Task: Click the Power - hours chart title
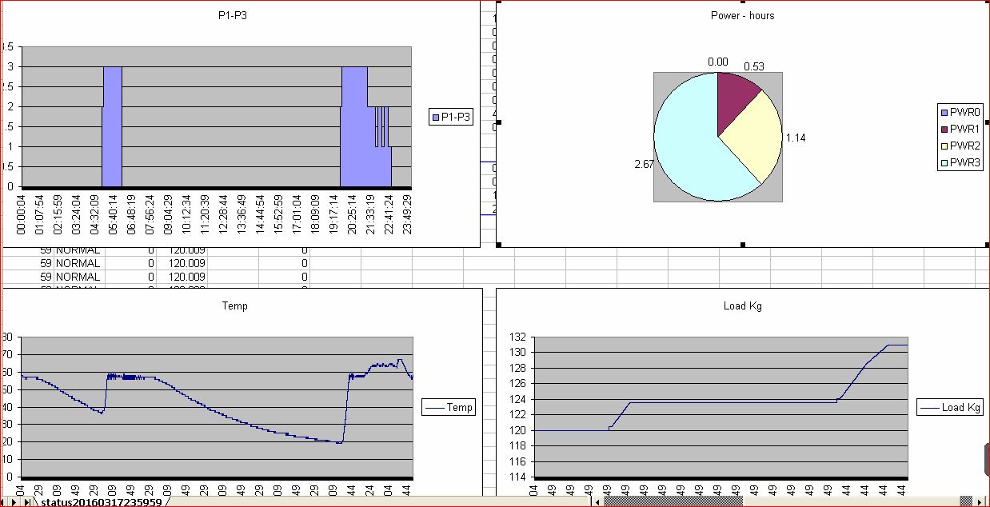pos(742,15)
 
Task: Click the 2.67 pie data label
pos(644,165)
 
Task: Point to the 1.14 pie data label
pos(796,138)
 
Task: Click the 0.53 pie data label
pos(753,66)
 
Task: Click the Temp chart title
pos(234,305)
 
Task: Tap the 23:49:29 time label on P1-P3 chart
pos(407,216)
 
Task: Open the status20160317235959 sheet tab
pos(101,502)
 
